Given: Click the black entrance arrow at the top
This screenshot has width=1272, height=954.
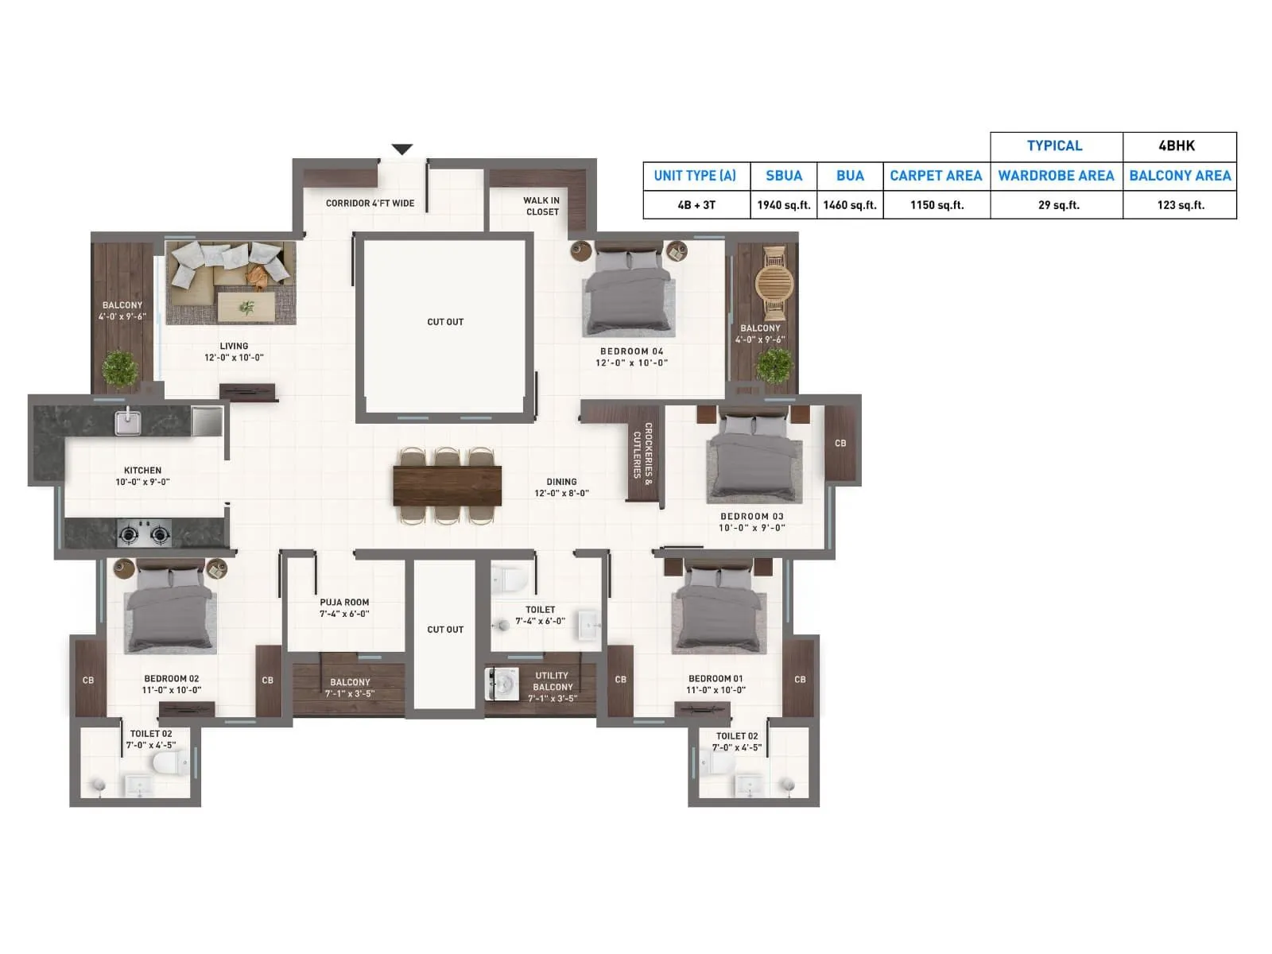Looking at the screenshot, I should (x=402, y=149).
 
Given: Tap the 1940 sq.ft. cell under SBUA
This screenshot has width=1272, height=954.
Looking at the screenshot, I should (x=783, y=205).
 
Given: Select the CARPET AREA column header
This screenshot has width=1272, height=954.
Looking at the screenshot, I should (x=936, y=176).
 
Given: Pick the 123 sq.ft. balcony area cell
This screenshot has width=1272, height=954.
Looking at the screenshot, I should (x=1180, y=205).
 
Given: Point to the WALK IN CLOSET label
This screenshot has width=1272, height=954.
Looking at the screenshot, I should (x=542, y=206).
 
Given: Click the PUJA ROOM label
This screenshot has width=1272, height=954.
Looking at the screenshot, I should (x=344, y=608).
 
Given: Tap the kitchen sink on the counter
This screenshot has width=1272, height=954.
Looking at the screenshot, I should (x=127, y=421).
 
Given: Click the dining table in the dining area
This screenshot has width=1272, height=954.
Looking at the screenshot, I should (x=447, y=486).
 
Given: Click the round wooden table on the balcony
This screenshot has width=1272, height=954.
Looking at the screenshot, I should (x=774, y=283).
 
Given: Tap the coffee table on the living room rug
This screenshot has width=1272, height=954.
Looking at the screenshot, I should (x=246, y=307).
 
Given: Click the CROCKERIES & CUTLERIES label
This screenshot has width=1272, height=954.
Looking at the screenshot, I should (x=642, y=450).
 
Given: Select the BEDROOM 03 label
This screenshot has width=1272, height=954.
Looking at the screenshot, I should (x=751, y=517).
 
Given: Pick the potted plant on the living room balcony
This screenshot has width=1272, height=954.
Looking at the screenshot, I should (x=119, y=368).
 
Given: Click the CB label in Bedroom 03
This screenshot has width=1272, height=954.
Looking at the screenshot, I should (x=840, y=443).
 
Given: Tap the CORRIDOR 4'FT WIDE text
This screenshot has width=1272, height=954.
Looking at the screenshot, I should (x=370, y=204).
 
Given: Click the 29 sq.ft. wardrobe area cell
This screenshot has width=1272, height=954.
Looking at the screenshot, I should (x=1058, y=205).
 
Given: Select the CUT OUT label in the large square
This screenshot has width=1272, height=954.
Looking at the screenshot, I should (x=445, y=322).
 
